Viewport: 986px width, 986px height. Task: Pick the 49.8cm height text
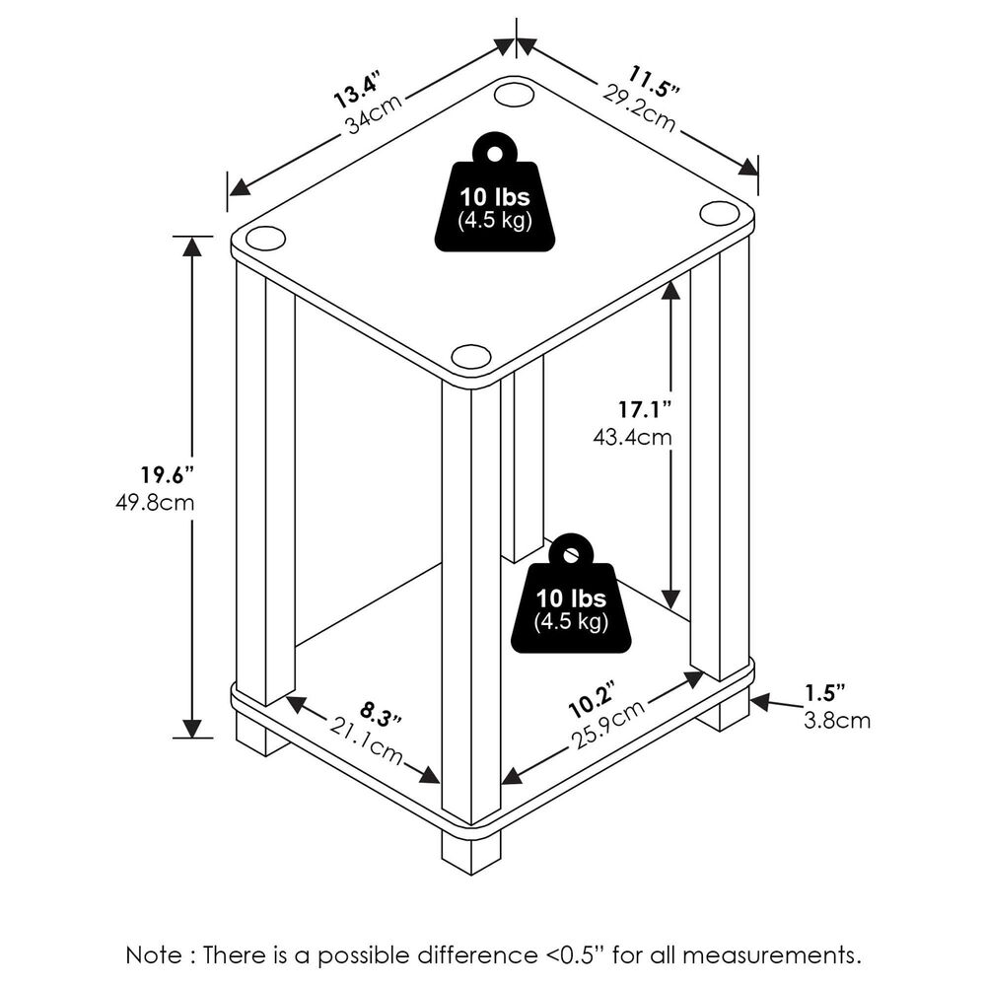pyautogui.click(x=155, y=502)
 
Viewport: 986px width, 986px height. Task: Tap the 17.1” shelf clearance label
pyautogui.click(x=646, y=407)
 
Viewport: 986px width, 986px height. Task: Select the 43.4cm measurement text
pyautogui.click(x=646, y=435)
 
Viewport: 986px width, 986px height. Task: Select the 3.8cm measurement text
pyautogui.click(x=837, y=721)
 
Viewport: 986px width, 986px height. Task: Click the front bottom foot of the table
pyautogui.click(x=470, y=850)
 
